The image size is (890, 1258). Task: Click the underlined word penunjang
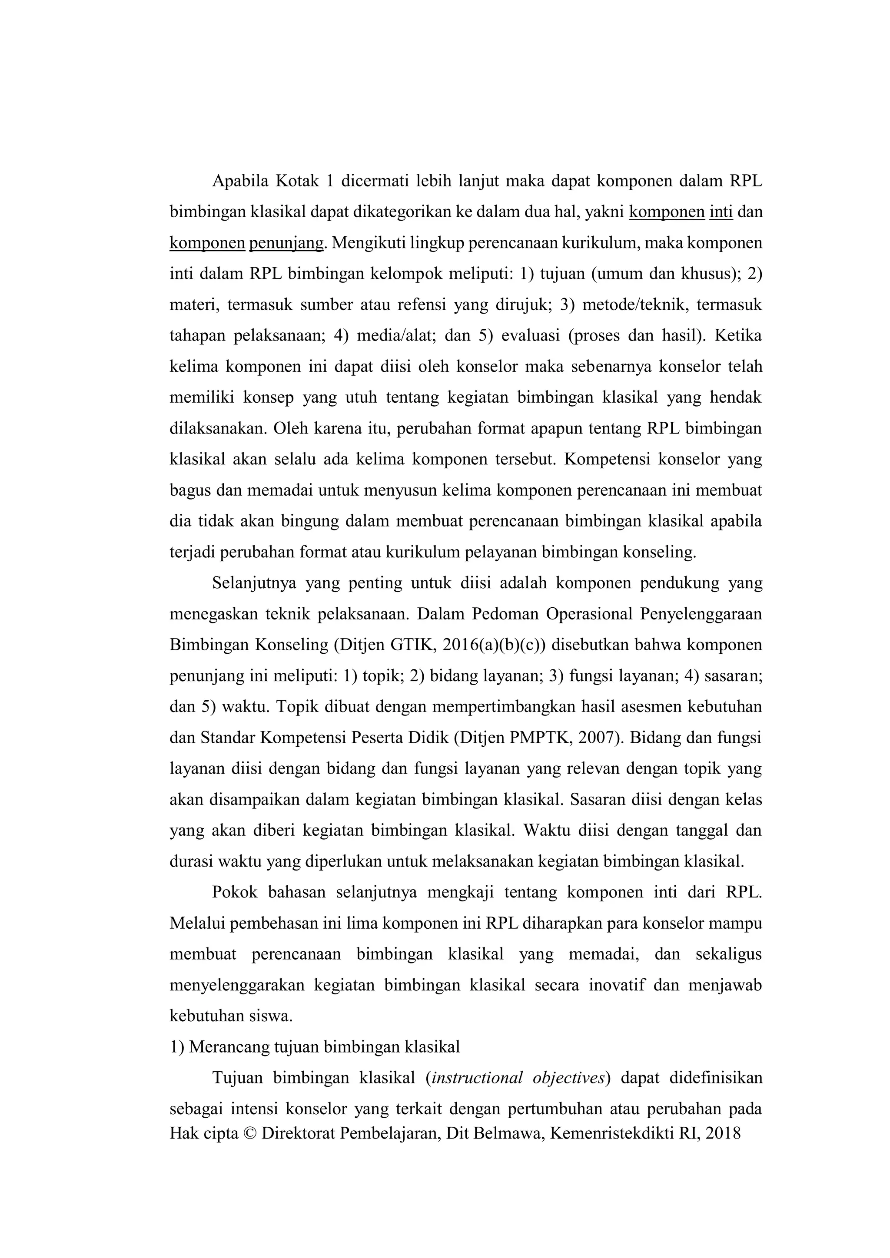point(286,242)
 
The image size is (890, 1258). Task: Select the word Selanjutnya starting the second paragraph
point(252,583)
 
